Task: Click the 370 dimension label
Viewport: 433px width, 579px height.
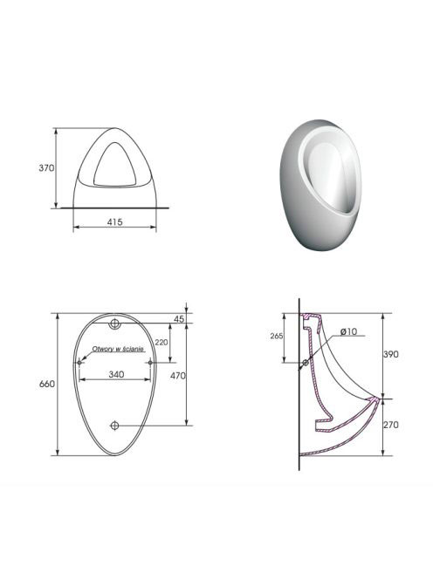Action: [46, 168]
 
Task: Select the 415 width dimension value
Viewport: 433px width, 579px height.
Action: [114, 222]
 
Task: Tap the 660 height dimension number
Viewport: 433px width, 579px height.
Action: [47, 384]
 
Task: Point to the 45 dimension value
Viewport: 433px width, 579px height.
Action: [179, 318]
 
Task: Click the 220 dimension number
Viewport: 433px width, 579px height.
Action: [162, 343]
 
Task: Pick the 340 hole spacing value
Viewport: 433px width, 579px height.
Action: [116, 374]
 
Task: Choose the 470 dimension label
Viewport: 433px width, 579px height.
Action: [177, 376]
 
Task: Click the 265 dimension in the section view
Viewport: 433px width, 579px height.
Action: [277, 336]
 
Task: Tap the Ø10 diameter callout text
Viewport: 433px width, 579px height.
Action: [348, 331]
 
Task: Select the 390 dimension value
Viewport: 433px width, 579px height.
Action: [391, 354]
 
